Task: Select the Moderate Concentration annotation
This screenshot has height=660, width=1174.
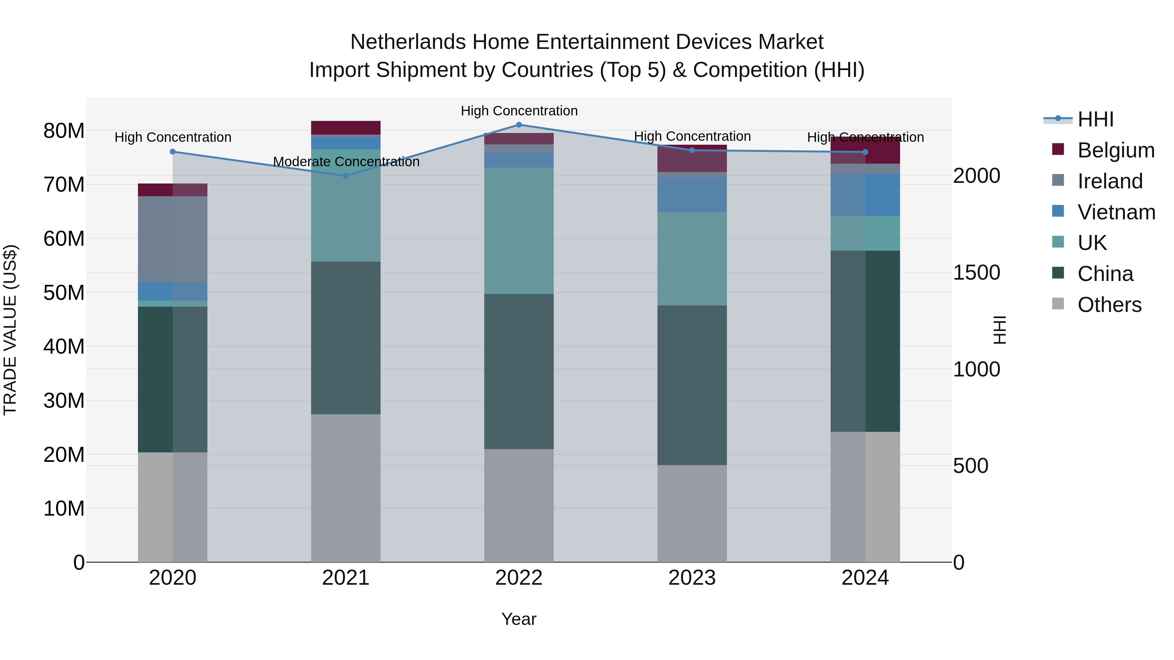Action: click(x=346, y=162)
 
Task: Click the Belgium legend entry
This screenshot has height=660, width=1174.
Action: click(x=1116, y=150)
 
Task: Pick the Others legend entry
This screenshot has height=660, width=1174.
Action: click(x=1109, y=305)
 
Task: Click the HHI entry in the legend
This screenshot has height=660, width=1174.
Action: click(x=1095, y=119)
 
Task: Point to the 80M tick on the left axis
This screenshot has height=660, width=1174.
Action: click(x=64, y=131)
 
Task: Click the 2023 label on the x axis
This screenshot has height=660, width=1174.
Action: click(x=692, y=578)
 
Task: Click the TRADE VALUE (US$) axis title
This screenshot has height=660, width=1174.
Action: click(x=10, y=330)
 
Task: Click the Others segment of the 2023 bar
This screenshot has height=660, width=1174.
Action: click(x=692, y=513)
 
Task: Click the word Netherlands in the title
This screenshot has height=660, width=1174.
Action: click(x=408, y=42)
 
